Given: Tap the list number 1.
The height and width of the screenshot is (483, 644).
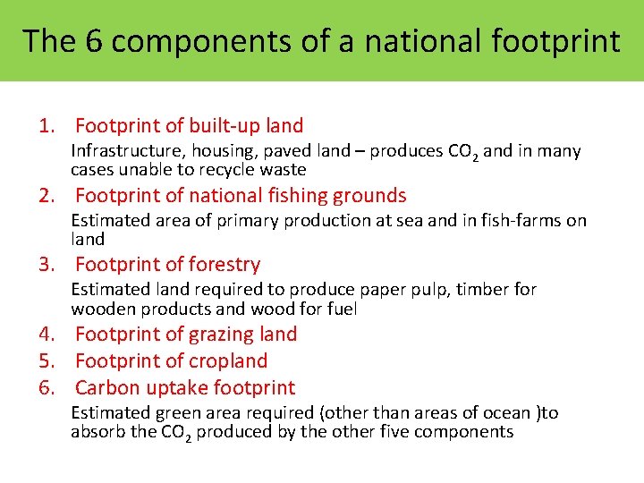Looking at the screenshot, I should (x=46, y=126).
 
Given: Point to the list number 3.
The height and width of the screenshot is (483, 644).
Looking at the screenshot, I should (x=46, y=265).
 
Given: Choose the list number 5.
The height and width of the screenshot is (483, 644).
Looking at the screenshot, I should (x=46, y=361).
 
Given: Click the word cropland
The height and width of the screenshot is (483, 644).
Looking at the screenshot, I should (x=227, y=361).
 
